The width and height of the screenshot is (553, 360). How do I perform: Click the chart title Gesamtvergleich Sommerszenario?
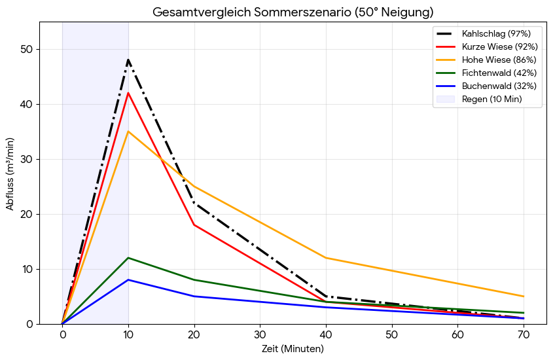pyautogui.click(x=293, y=12)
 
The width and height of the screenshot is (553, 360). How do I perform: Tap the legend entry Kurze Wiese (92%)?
pyautogui.click(x=499, y=46)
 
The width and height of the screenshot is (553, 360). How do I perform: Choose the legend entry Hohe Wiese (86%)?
pyautogui.click(x=499, y=60)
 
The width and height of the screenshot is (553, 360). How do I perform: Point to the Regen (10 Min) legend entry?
pyautogui.click(x=491, y=99)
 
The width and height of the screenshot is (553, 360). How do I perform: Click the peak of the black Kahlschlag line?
pyautogui.click(x=128, y=60)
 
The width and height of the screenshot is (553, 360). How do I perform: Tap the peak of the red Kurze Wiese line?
pyautogui.click(x=128, y=93)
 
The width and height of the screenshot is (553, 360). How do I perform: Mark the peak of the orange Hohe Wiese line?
pyautogui.click(x=128, y=132)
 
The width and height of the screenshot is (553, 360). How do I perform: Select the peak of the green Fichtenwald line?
pyautogui.click(x=128, y=258)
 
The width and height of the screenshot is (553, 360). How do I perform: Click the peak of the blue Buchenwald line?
pyautogui.click(x=128, y=280)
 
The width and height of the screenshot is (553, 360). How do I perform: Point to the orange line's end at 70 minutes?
pyautogui.click(x=524, y=297)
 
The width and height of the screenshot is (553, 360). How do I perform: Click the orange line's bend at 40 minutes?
pyautogui.click(x=326, y=258)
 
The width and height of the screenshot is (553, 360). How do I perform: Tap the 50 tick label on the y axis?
pyautogui.click(x=27, y=50)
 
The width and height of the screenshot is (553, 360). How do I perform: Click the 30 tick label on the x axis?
pyautogui.click(x=260, y=334)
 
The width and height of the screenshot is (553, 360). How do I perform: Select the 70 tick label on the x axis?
pyautogui.click(x=524, y=334)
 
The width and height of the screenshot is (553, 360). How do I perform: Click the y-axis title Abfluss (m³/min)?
pyautogui.click(x=10, y=173)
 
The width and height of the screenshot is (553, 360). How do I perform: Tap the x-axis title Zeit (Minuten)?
pyautogui.click(x=293, y=349)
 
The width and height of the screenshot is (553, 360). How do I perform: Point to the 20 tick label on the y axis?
pyautogui.click(x=27, y=215)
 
